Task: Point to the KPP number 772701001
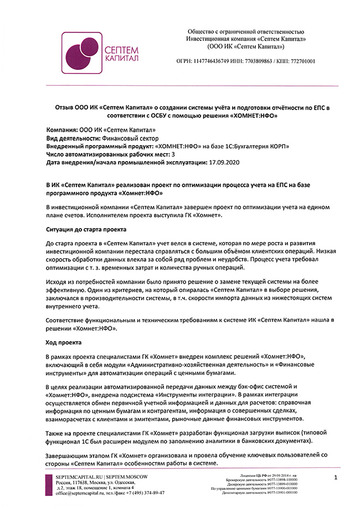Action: [300, 61]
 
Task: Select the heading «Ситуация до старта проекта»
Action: [85, 229]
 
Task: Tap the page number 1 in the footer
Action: [336, 477]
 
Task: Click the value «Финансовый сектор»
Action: [131, 138]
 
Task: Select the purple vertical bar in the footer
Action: [48, 485]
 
